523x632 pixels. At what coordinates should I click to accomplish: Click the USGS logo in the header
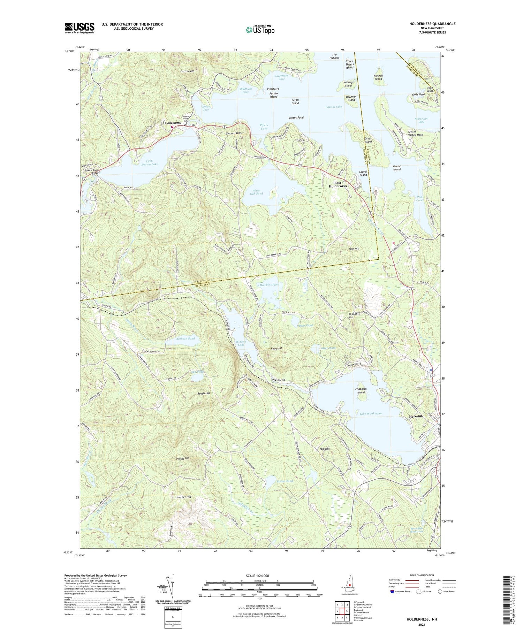[x=79, y=28]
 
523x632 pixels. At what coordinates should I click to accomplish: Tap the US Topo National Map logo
[x=260, y=30]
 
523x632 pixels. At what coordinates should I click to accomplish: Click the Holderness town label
[x=172, y=123]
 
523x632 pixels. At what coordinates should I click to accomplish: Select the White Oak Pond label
[x=256, y=192]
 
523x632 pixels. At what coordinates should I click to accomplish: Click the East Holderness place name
[x=338, y=184]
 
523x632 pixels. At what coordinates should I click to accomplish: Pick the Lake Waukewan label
[x=371, y=413]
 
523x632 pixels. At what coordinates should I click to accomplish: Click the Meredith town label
[x=416, y=416]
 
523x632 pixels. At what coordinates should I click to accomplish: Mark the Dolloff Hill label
[x=182, y=458]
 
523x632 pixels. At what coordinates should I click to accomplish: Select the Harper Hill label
[x=184, y=497]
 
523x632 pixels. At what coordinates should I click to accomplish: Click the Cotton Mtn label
[x=187, y=71]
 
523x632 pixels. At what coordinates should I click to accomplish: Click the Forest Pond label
[x=285, y=481]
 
